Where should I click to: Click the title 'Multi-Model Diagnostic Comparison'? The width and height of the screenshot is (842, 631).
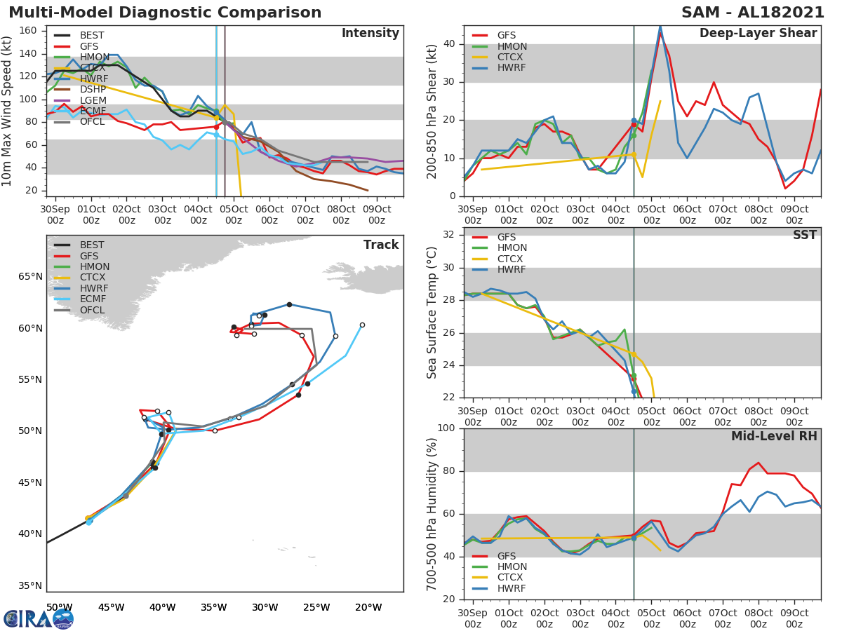coord(165,13)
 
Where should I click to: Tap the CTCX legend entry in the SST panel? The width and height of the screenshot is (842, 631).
coord(512,259)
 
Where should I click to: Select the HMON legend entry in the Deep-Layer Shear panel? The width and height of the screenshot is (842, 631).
coord(512,46)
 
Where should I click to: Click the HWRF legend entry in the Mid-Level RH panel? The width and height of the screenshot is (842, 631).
coord(512,588)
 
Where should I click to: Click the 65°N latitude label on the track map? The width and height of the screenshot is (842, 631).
coord(29,276)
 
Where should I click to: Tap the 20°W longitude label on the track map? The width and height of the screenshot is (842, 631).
coord(368,607)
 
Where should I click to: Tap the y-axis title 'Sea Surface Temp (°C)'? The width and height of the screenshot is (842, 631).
coord(432,313)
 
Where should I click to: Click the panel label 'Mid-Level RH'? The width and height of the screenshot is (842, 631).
coord(774,436)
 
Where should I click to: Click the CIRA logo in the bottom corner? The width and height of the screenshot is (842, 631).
coord(39,618)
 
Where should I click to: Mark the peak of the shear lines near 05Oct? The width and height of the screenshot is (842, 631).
coord(660,28)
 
